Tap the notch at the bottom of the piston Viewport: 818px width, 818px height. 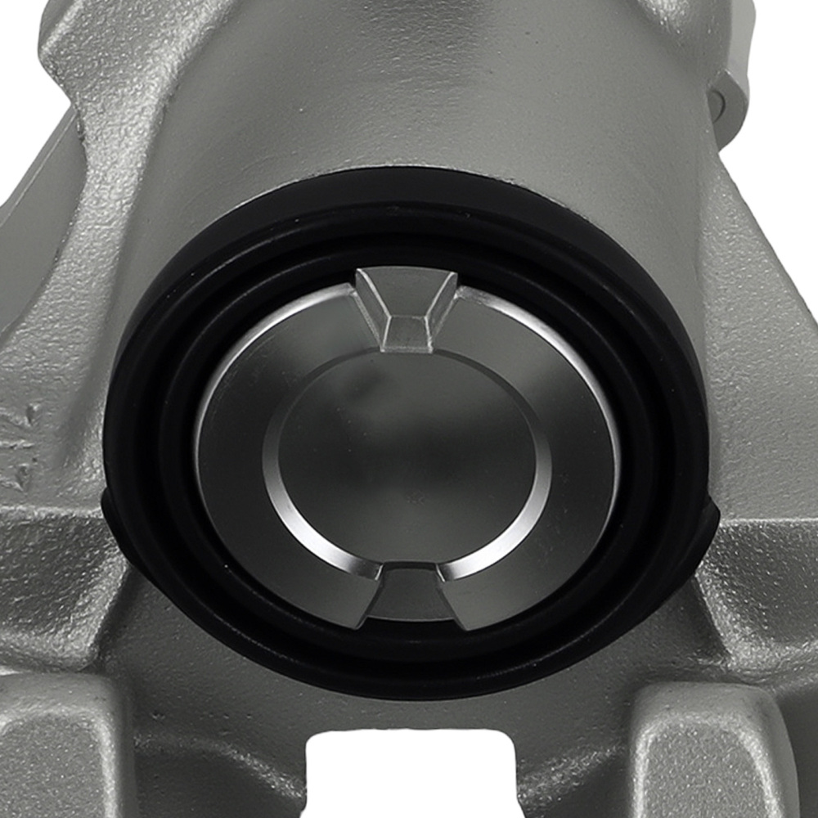tap(407, 593)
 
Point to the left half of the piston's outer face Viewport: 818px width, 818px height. tap(233, 458)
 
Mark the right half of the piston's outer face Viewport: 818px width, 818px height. tap(581, 458)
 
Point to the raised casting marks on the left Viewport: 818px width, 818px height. tap(20, 442)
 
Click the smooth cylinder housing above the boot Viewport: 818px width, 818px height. tap(409, 98)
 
